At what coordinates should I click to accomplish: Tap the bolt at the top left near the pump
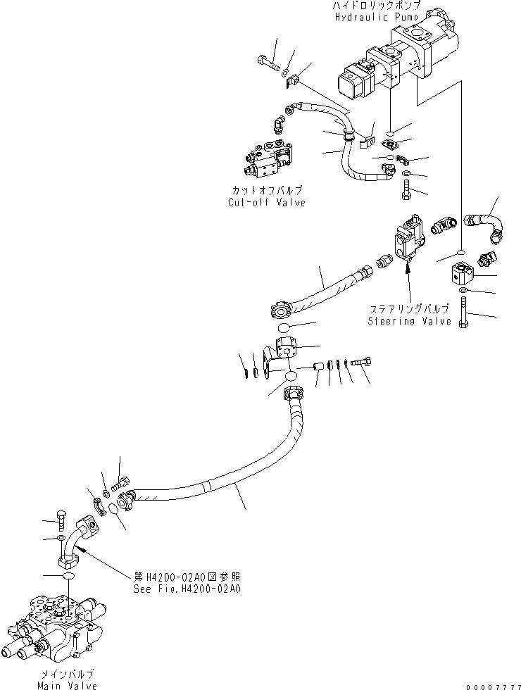click(x=268, y=64)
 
